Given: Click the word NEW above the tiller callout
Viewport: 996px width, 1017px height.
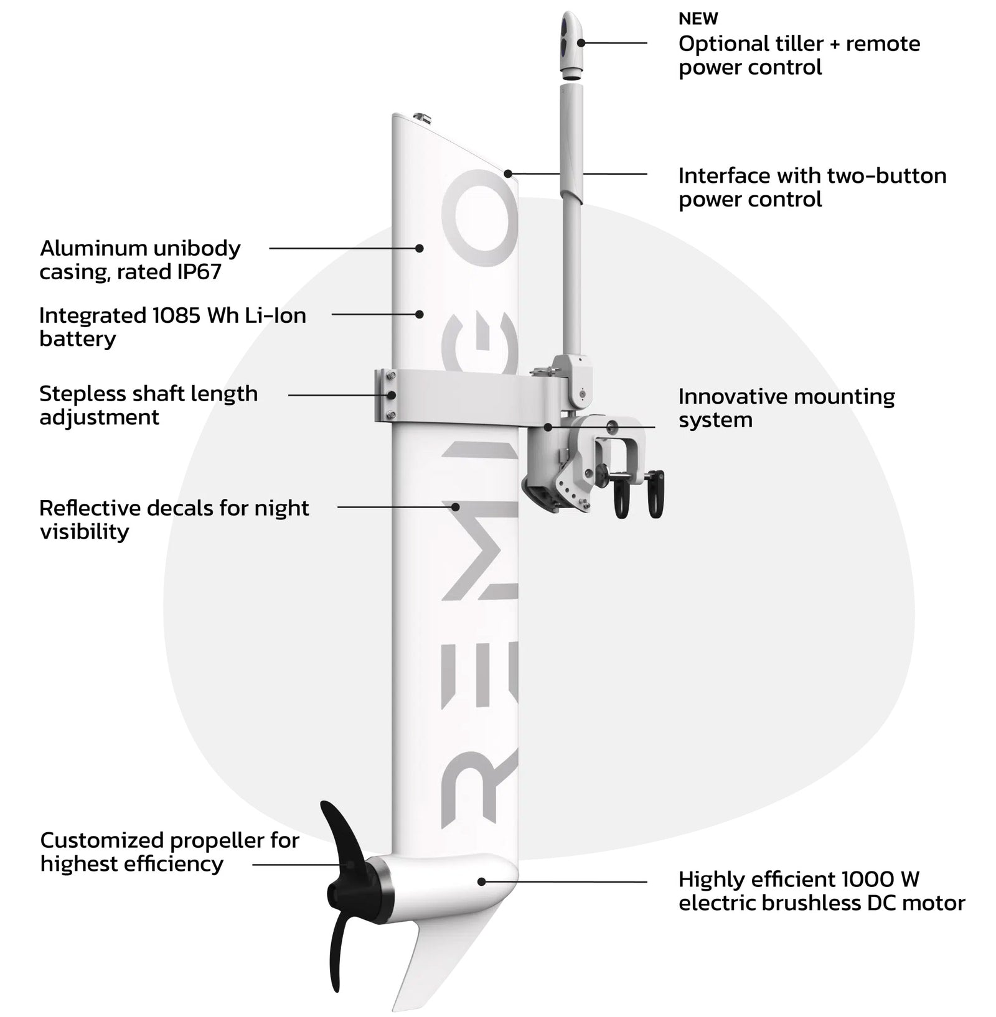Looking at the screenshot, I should [x=698, y=19].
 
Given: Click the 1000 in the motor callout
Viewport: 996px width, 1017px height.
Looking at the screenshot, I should [x=869, y=880].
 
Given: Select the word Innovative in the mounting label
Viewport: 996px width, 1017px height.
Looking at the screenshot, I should [x=728, y=396].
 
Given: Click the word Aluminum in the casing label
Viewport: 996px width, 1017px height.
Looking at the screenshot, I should [x=87, y=248].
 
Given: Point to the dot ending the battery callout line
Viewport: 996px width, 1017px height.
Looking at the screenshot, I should [x=420, y=314].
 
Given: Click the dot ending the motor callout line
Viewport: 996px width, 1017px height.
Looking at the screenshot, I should [x=481, y=881].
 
